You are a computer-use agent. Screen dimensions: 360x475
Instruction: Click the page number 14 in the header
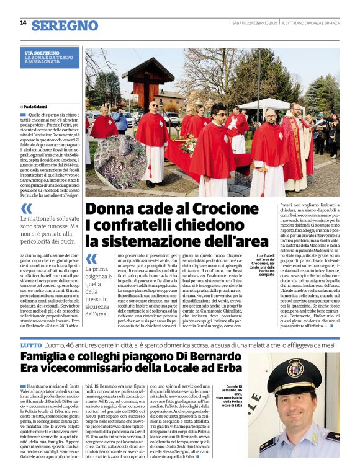coord(23,23)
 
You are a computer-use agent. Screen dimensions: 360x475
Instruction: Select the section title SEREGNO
coord(65,25)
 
